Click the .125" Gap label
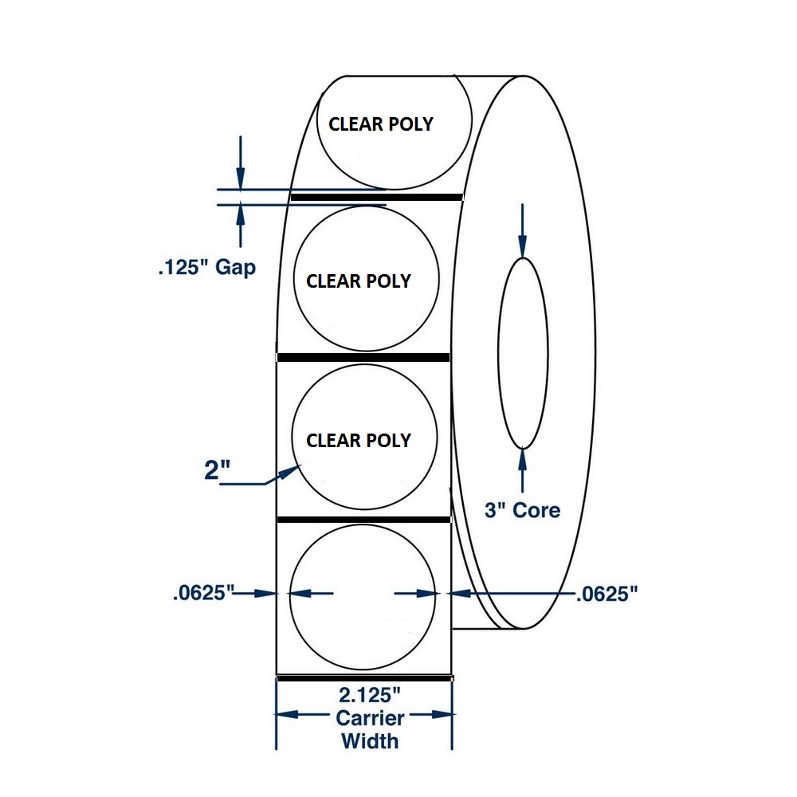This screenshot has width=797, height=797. (207, 267)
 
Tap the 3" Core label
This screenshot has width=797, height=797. (523, 510)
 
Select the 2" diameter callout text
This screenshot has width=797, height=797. (217, 469)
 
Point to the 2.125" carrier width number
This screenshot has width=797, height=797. (370, 695)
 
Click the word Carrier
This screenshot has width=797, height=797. (370, 718)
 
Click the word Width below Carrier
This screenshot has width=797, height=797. (370, 741)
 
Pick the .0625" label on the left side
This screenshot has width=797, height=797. (203, 593)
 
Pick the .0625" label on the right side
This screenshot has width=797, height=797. (607, 594)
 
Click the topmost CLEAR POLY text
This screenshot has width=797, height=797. (381, 124)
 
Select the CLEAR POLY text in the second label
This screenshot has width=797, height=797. (359, 281)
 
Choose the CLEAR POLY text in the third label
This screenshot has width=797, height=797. (359, 440)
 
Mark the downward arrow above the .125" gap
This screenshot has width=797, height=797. (241, 163)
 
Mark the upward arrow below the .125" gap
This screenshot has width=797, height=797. (241, 226)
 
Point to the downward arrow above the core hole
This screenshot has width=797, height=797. (523, 231)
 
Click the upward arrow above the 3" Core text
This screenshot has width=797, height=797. (523, 470)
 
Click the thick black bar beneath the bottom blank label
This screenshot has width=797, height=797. (364, 678)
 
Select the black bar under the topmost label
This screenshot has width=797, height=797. (377, 197)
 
